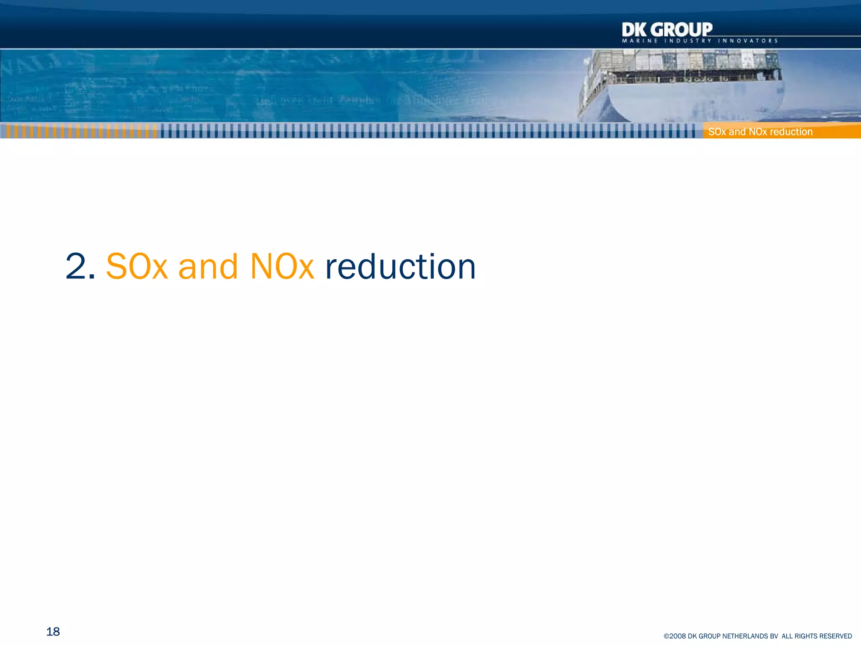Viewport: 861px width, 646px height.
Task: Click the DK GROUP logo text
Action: coord(667,30)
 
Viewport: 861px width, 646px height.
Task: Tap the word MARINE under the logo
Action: coord(640,41)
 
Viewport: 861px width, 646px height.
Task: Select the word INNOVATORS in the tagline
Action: coord(748,41)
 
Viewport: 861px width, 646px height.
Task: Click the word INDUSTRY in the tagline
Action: coord(688,41)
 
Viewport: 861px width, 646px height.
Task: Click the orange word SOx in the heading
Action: coord(137,267)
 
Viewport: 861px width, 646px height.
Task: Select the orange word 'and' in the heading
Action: coord(208,267)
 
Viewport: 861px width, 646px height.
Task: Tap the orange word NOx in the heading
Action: coord(282,267)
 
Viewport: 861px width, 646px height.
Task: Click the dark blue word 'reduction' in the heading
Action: coord(400,267)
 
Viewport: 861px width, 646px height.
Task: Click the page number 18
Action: coord(53,632)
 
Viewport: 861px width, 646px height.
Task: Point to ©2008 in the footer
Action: coord(674,636)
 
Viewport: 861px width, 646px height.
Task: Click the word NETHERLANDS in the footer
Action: coord(742,636)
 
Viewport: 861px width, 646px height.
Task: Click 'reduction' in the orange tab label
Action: coord(791,132)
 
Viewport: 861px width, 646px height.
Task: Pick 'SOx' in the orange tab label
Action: coord(717,132)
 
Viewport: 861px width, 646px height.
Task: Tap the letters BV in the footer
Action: coord(774,636)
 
